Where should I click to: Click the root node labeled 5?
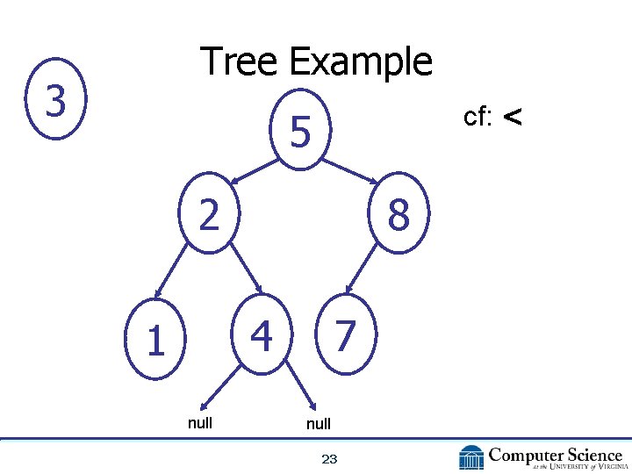300,133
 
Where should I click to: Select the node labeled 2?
208,213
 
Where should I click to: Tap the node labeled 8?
398,215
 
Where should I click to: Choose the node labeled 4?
261,334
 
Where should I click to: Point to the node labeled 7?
345,334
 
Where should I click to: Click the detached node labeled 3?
55,101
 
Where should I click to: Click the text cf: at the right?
478,116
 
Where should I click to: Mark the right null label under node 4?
318,424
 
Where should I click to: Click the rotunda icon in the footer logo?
470,457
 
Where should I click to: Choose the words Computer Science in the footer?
555,455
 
